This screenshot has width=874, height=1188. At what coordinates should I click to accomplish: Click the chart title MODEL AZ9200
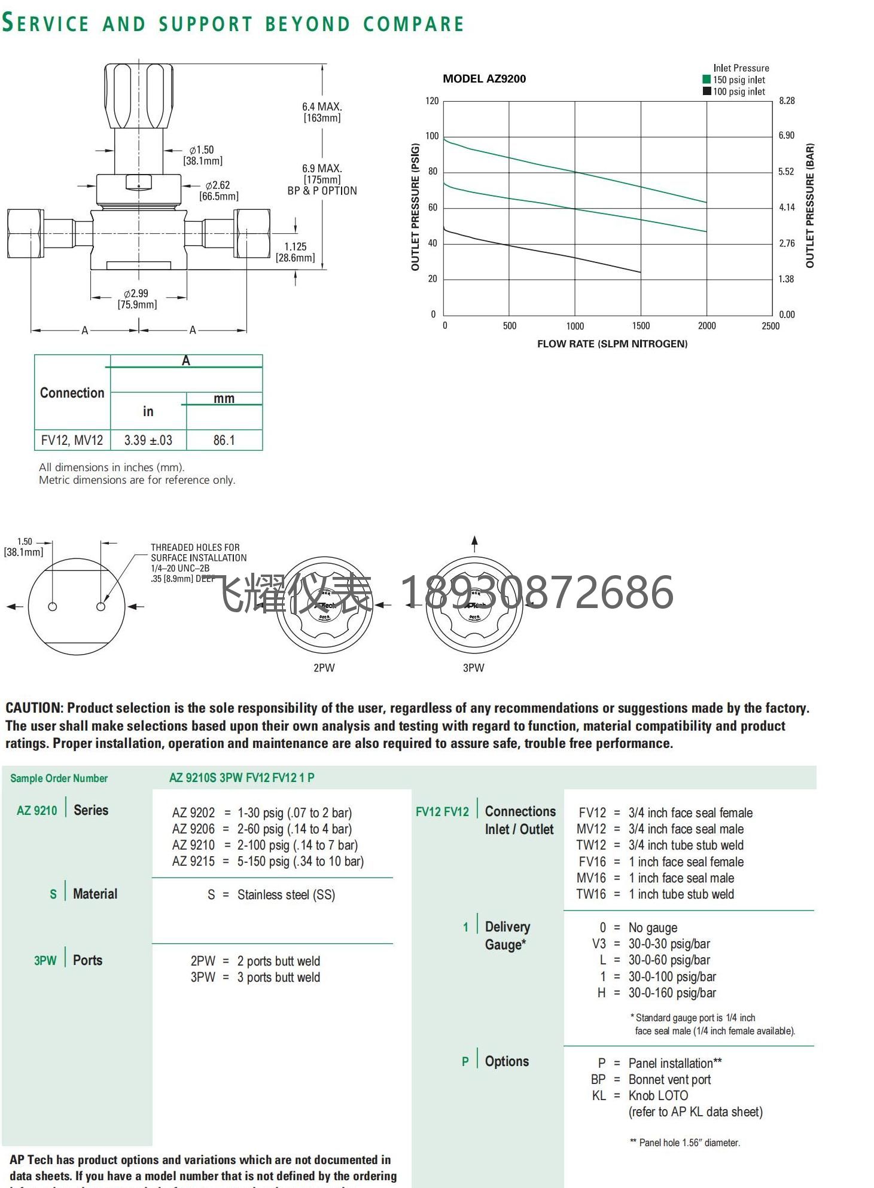tap(484, 79)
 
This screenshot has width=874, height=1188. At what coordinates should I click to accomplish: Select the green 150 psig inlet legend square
tap(706, 80)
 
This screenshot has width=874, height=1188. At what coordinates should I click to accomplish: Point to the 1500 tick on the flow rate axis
tap(641, 326)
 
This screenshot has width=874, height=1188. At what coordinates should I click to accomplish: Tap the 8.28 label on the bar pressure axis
tap(787, 100)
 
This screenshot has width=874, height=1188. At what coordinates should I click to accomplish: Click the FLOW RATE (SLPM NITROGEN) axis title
tap(612, 344)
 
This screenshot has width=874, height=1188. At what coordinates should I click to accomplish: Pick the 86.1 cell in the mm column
tap(224, 440)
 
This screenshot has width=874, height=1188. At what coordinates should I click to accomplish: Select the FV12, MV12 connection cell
tap(72, 440)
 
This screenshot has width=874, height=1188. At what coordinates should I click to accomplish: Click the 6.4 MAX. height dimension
tap(322, 106)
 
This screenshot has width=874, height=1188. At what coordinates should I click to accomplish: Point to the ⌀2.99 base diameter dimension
tap(137, 294)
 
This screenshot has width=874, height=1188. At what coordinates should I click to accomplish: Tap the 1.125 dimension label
tap(296, 246)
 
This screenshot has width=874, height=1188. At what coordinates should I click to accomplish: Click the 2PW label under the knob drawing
tap(324, 668)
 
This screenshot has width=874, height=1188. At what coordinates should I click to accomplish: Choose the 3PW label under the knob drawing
tap(474, 668)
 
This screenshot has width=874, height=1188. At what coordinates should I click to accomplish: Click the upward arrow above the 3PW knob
tap(474, 542)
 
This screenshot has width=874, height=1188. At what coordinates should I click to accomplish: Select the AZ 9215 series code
tap(193, 862)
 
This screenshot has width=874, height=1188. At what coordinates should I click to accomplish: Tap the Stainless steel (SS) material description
tap(286, 895)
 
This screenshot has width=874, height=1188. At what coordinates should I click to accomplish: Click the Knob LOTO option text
tap(658, 1095)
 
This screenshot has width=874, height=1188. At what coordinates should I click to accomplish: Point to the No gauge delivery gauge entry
tap(653, 928)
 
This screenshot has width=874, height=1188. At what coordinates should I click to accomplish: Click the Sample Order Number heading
tap(59, 778)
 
